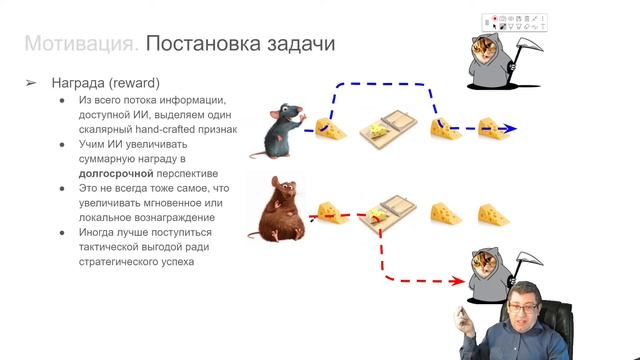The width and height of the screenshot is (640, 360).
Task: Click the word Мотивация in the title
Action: (x=79, y=45)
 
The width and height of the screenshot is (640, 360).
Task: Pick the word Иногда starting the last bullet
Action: (x=101, y=233)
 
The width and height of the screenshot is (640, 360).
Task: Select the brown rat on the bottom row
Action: (x=280, y=209)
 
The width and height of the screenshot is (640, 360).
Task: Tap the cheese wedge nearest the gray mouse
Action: (x=330, y=128)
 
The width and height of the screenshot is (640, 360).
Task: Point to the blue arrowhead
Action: (x=512, y=129)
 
